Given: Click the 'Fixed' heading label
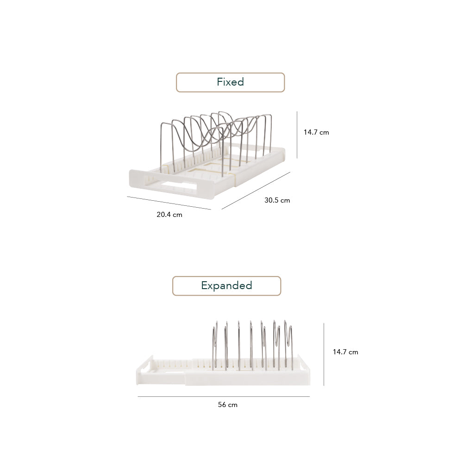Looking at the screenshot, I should [x=230, y=82].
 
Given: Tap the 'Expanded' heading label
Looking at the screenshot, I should [x=226, y=285].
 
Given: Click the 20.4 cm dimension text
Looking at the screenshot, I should [x=169, y=215].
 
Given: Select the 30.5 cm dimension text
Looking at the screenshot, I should [x=277, y=200].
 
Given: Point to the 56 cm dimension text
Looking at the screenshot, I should [x=227, y=404].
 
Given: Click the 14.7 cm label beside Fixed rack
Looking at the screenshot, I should [x=316, y=132].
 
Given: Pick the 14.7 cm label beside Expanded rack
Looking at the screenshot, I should [x=345, y=352].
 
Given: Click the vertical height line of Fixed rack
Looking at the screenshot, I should [x=297, y=134].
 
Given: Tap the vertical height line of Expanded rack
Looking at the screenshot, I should [x=324, y=354].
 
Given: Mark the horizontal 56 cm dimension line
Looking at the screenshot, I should [x=224, y=396].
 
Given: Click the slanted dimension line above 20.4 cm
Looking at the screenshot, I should [x=169, y=203].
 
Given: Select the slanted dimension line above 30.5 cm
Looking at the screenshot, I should [x=256, y=190].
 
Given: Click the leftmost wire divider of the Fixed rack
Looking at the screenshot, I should [x=162, y=143].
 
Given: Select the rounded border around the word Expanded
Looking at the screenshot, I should [x=173, y=286].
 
